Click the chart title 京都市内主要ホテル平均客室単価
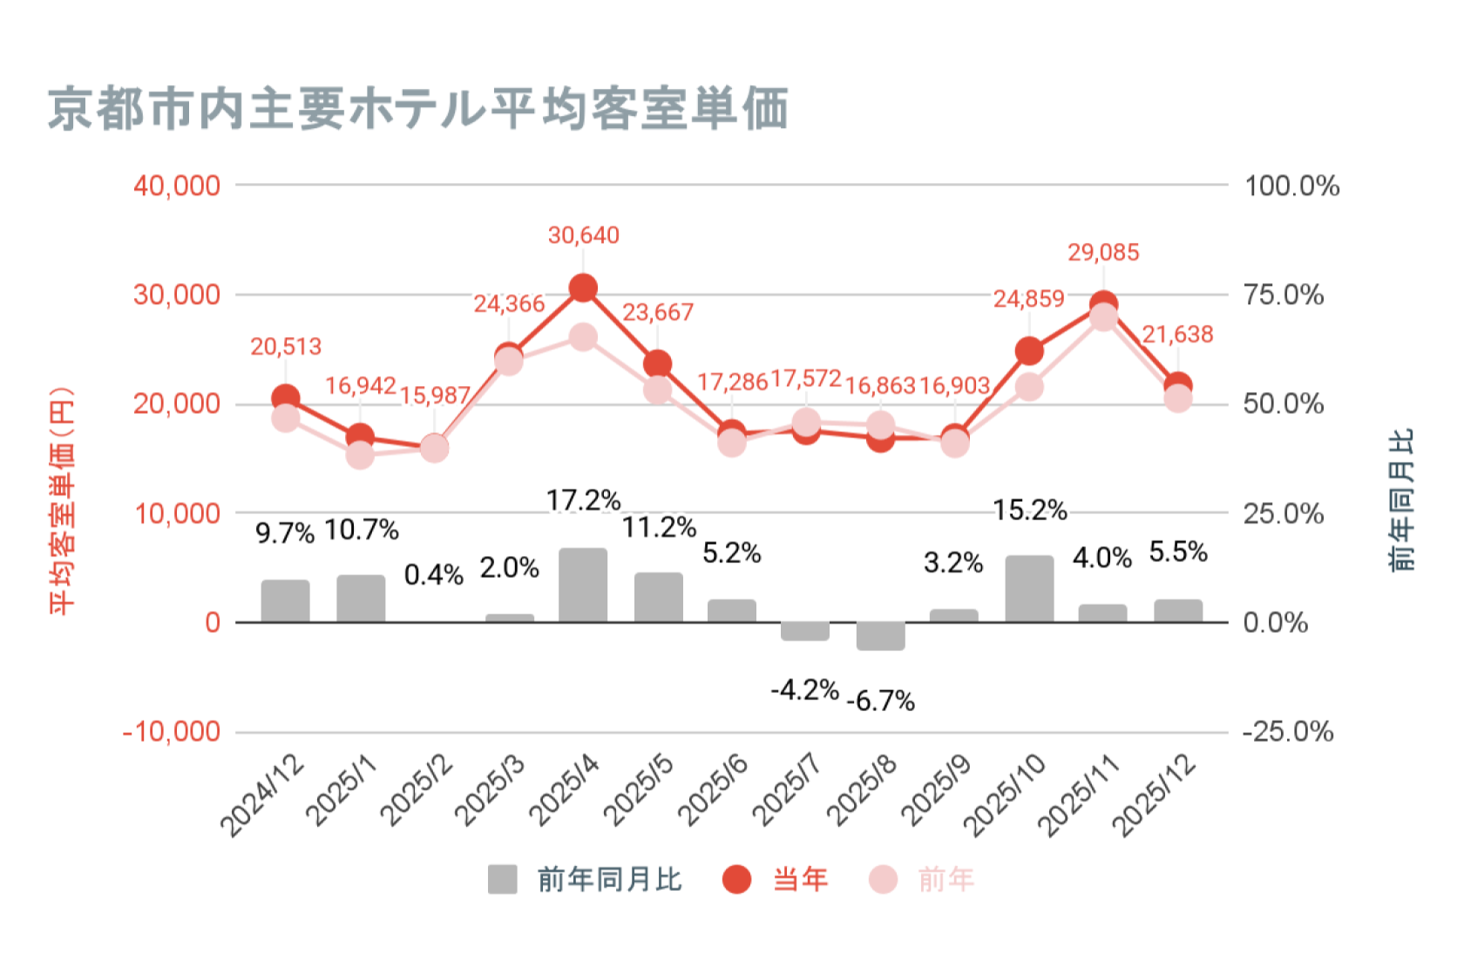(x=418, y=110)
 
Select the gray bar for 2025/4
(x=583, y=585)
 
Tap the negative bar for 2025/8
(x=880, y=636)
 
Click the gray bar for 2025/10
(x=1029, y=589)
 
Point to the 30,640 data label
(x=583, y=235)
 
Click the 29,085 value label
(x=1103, y=253)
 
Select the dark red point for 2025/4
(x=583, y=288)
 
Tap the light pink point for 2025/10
(x=1029, y=387)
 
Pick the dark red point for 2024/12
(x=286, y=398)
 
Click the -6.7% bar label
(x=880, y=701)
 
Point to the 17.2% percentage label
(x=583, y=500)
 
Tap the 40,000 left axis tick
(x=177, y=186)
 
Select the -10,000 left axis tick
(x=172, y=731)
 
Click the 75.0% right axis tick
(x=1283, y=295)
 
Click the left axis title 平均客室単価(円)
(x=62, y=501)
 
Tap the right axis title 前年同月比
(x=1401, y=501)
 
